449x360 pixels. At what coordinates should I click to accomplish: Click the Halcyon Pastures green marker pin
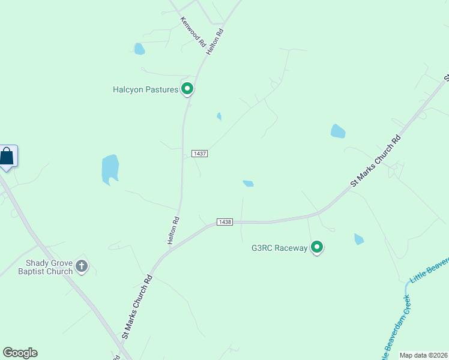point(187,89)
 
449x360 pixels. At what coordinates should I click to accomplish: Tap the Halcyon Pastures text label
point(146,90)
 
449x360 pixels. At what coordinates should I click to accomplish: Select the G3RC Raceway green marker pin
point(317,247)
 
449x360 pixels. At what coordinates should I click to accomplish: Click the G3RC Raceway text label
point(279,247)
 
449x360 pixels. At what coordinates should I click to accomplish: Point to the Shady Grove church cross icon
point(82,266)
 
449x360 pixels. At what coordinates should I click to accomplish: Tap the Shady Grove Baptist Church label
point(49,267)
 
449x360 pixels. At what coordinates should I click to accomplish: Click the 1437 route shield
point(200,154)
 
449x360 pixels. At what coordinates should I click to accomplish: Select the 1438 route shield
point(225,222)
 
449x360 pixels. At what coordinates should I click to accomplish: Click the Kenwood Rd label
point(193,32)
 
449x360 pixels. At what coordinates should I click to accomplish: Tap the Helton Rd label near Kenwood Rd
point(215,42)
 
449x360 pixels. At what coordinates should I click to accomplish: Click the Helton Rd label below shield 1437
point(173,230)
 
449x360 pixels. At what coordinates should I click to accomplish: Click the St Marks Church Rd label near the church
point(138,307)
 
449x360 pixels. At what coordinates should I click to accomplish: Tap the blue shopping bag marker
point(7,157)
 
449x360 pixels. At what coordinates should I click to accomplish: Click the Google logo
point(20,353)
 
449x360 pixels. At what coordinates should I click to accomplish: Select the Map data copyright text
point(424,355)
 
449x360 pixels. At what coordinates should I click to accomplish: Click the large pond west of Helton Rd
point(110,169)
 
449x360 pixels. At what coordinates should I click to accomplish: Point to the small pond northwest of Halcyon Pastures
point(139,49)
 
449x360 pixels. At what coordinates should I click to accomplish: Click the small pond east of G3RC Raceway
point(359,239)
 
